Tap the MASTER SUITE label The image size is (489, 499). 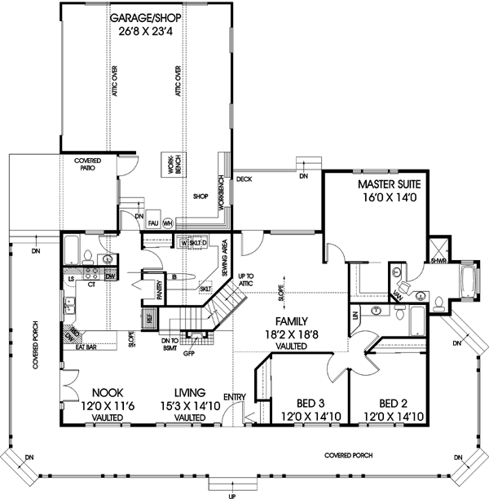[390, 185]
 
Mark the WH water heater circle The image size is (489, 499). [167, 222]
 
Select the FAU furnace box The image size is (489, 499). [152, 222]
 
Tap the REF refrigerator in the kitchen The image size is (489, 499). [148, 319]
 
